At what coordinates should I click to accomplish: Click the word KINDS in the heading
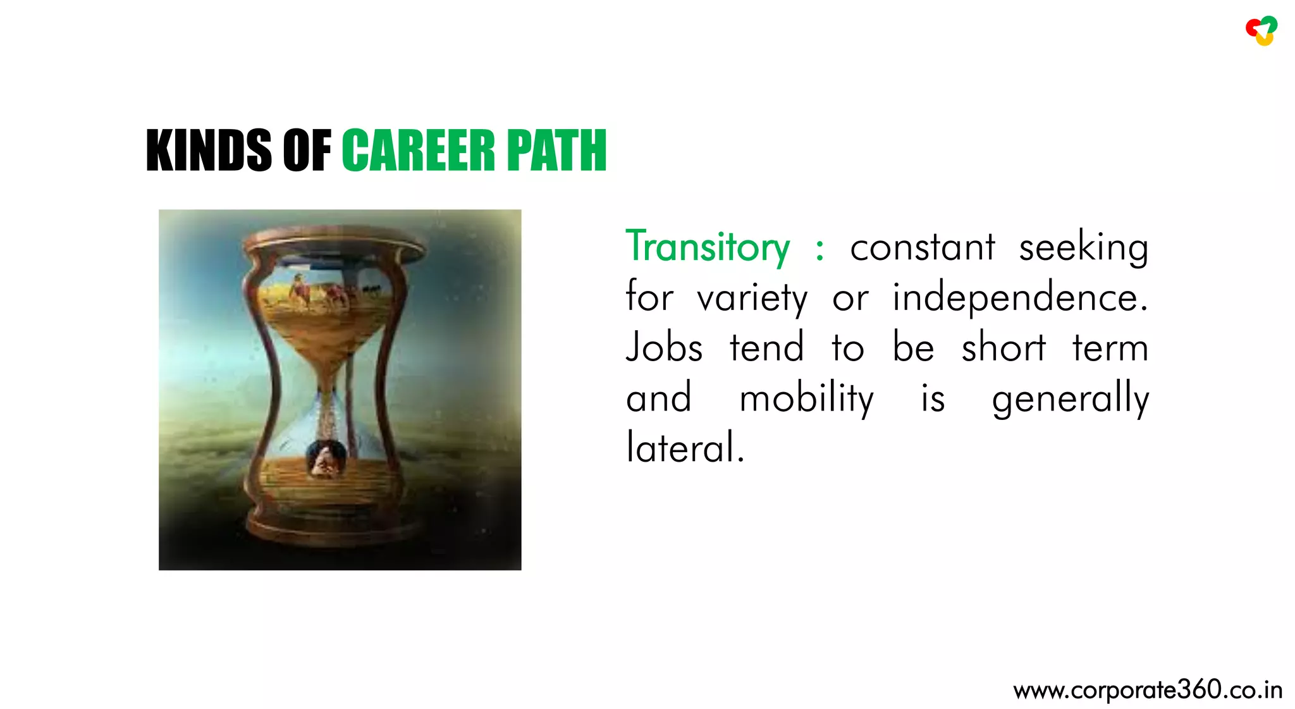[x=209, y=151]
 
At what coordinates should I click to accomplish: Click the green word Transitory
[x=708, y=247]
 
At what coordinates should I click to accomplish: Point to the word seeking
[x=1083, y=247]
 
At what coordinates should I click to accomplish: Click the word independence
[x=1019, y=298]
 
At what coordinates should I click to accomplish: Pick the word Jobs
[x=664, y=348]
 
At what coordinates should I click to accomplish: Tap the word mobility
[x=806, y=399]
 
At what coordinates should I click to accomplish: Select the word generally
[x=1070, y=399]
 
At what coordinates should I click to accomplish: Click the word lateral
[x=685, y=448]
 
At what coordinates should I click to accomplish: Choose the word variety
[x=752, y=298]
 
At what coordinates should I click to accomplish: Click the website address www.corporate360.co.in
[x=1147, y=690]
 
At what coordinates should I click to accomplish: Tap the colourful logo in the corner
[x=1261, y=30]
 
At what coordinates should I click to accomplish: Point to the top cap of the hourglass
[x=335, y=244]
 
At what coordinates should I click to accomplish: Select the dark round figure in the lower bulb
[x=326, y=458]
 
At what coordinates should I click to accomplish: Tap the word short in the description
[x=1003, y=348]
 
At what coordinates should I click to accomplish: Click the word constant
[x=923, y=247]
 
